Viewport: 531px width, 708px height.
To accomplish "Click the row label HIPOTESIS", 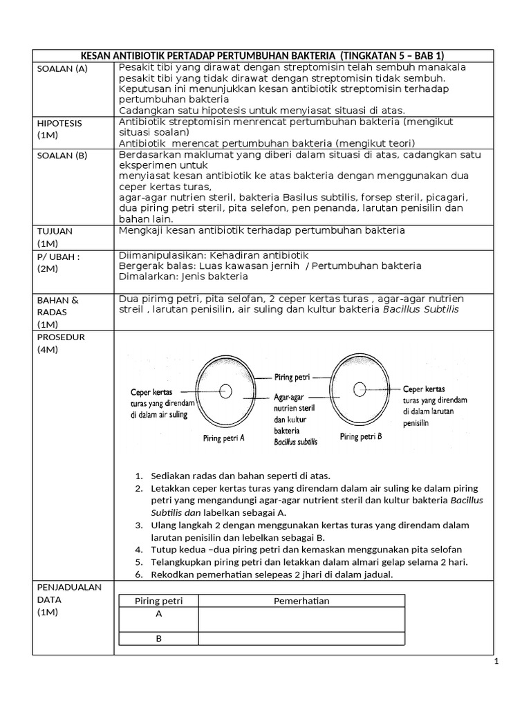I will pos(59,123).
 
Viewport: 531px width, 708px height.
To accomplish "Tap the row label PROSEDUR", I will pos(59,337).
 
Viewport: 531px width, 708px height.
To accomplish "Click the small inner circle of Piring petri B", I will pos(360,390).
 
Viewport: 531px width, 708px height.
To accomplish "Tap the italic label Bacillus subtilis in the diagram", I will pos(295,442).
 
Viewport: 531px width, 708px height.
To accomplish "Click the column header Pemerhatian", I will pos(301,601).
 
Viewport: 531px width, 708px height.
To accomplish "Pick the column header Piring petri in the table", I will pos(158,601).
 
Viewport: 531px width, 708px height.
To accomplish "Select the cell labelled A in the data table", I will pos(158,613).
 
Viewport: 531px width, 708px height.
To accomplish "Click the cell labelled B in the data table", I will pos(158,638).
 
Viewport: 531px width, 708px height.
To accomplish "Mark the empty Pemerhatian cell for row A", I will pos(301,618).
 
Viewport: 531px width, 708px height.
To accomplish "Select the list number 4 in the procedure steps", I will pos(137,550).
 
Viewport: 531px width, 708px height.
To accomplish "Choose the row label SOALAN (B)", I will pos(62,156).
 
